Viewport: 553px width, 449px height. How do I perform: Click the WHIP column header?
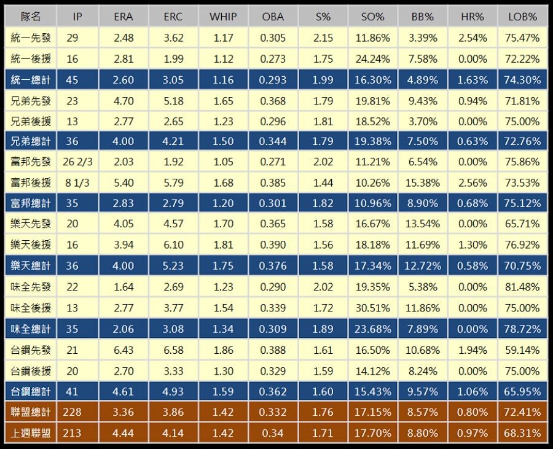click(x=222, y=17)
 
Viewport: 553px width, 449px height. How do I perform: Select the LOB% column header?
click(x=524, y=17)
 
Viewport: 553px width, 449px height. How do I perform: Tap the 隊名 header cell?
click(x=31, y=17)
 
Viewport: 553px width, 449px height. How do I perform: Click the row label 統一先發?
click(x=31, y=38)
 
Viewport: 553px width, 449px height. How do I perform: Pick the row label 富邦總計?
click(x=31, y=203)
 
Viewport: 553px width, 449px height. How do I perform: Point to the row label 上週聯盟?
click(x=31, y=433)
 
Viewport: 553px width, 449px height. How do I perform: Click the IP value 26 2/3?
click(x=77, y=162)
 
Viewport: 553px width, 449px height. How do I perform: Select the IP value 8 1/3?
click(x=77, y=183)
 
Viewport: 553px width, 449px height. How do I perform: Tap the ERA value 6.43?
click(x=124, y=350)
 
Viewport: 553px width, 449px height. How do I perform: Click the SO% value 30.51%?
click(x=372, y=308)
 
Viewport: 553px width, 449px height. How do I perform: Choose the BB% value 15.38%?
click(x=423, y=183)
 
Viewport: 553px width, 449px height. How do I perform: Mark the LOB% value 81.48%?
click(x=524, y=287)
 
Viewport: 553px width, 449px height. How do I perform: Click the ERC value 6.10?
click(x=173, y=245)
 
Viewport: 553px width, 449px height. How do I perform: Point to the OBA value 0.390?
click(x=273, y=245)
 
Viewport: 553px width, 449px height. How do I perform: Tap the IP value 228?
click(x=73, y=412)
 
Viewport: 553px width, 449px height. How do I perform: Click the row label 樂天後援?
click(x=31, y=245)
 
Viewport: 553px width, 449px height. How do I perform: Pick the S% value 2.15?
click(x=323, y=38)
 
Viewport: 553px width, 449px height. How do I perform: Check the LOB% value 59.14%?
click(x=524, y=350)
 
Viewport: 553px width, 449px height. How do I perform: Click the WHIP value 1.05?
click(x=222, y=162)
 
